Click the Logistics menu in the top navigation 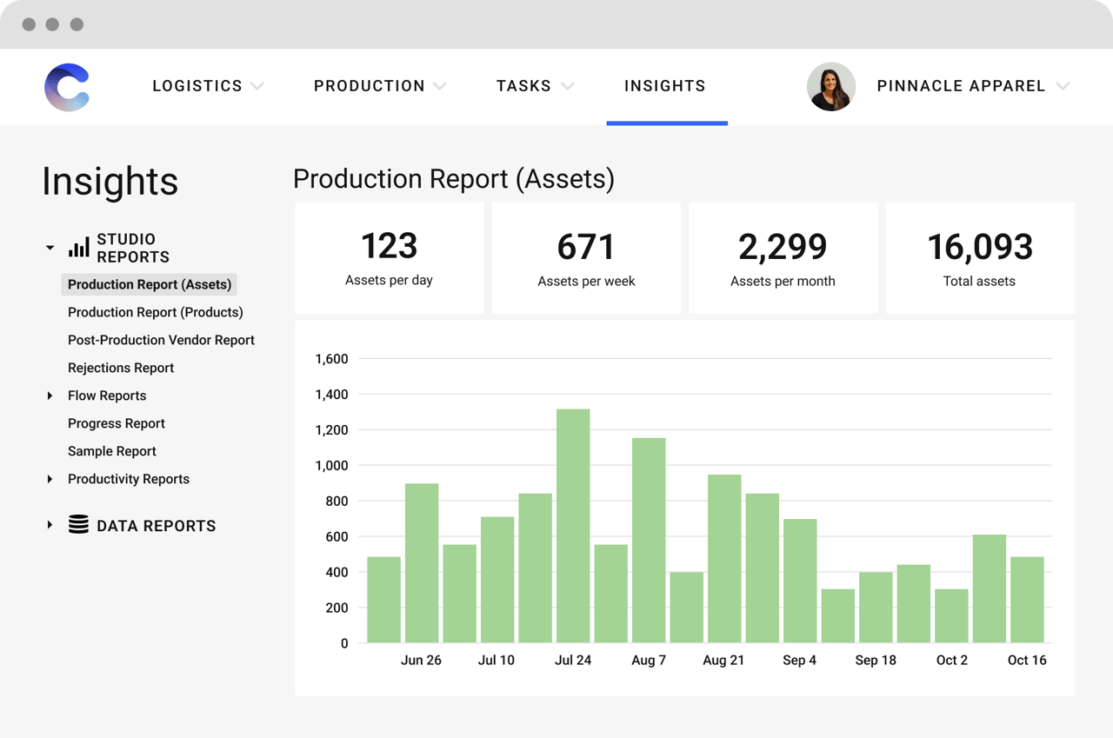pos(197,86)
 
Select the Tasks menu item pos(523,86)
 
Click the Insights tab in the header pos(665,86)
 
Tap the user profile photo pos(831,87)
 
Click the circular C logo pos(67,87)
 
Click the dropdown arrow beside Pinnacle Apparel pos(1063,86)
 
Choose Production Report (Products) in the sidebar pos(156,312)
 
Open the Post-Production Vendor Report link pos(161,340)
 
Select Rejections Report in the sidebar pos(121,368)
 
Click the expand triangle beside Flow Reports pos(50,396)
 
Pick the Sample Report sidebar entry pos(112,451)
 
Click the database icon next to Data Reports pos(78,525)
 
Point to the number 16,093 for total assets pos(979,248)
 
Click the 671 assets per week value pos(586,248)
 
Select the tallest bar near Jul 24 pos(573,525)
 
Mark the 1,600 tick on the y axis pos(331,359)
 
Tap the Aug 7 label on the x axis pos(649,661)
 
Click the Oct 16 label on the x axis pos(1027,661)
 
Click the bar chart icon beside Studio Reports pos(79,248)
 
